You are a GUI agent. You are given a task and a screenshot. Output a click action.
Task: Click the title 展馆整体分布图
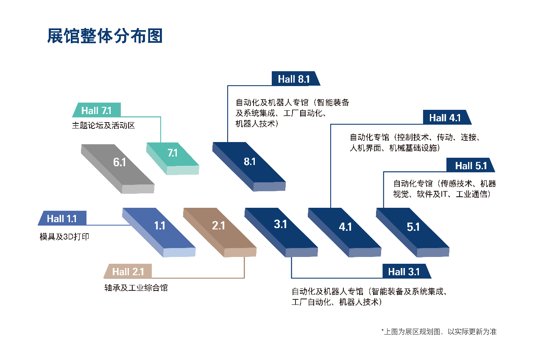click(x=105, y=36)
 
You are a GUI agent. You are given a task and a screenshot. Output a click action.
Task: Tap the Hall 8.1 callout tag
click(x=295, y=78)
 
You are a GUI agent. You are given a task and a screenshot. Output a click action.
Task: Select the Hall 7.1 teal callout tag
click(x=97, y=110)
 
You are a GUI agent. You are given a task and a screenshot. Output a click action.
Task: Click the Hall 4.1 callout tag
click(x=447, y=117)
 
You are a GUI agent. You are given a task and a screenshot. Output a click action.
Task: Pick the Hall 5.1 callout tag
click(x=471, y=165)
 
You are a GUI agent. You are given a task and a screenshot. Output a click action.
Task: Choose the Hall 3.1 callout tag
click(x=407, y=271)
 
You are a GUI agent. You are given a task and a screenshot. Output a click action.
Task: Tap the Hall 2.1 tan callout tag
click(x=128, y=271)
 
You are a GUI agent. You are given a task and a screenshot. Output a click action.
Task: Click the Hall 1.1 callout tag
click(x=62, y=218)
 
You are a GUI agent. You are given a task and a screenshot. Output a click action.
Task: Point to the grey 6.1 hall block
click(x=118, y=169)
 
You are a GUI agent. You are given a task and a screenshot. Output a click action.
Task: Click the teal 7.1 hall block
click(x=173, y=159)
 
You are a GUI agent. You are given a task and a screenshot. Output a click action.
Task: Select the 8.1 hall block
click(x=249, y=167)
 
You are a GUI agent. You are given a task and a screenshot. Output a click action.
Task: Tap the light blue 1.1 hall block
click(x=159, y=232)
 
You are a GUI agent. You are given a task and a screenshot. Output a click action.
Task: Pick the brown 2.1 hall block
click(x=220, y=232)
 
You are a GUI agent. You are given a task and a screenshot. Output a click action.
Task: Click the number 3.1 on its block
click(x=280, y=224)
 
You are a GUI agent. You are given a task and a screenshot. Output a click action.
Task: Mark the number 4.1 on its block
click(x=345, y=227)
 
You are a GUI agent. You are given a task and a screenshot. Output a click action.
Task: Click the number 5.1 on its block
click(x=413, y=227)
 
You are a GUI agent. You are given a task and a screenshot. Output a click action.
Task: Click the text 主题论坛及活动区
click(x=103, y=126)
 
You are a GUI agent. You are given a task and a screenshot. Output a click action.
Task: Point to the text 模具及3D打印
click(x=64, y=237)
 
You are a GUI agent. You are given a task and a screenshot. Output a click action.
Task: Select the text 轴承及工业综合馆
click(x=136, y=288)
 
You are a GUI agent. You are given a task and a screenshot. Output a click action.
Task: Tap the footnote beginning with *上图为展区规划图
click(x=439, y=332)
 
